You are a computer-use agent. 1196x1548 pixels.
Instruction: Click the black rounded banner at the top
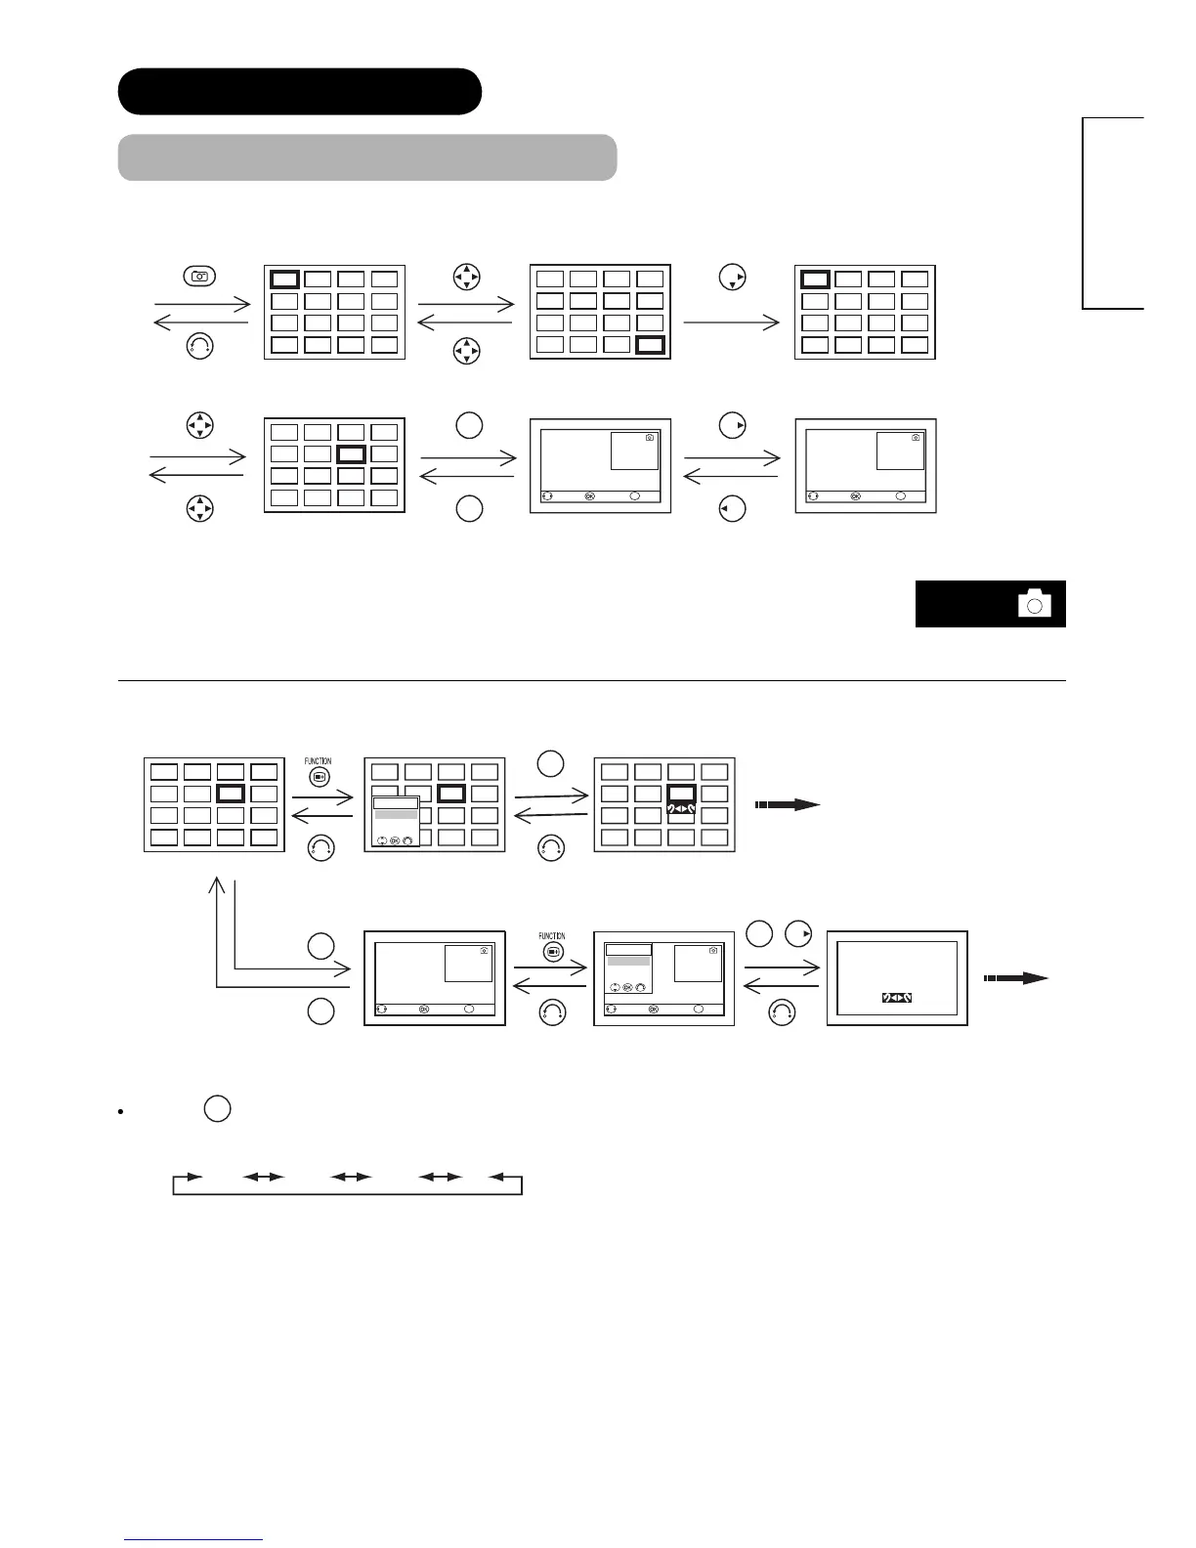click(299, 92)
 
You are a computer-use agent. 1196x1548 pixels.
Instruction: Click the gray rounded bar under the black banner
click(366, 157)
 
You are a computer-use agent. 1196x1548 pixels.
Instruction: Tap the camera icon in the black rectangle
click(1034, 604)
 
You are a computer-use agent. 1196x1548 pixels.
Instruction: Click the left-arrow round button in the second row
click(732, 509)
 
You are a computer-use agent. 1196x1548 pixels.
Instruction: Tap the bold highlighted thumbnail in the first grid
click(285, 279)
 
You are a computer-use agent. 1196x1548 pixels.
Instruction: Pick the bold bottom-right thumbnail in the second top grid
click(650, 344)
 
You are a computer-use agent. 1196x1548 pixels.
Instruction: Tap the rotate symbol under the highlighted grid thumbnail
click(681, 810)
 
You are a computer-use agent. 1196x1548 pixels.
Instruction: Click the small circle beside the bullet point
click(218, 1109)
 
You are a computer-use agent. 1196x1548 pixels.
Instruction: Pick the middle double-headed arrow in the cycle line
click(352, 1177)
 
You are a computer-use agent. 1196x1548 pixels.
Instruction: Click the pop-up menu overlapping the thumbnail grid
click(396, 821)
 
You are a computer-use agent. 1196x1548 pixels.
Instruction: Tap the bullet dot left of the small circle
click(118, 1112)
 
